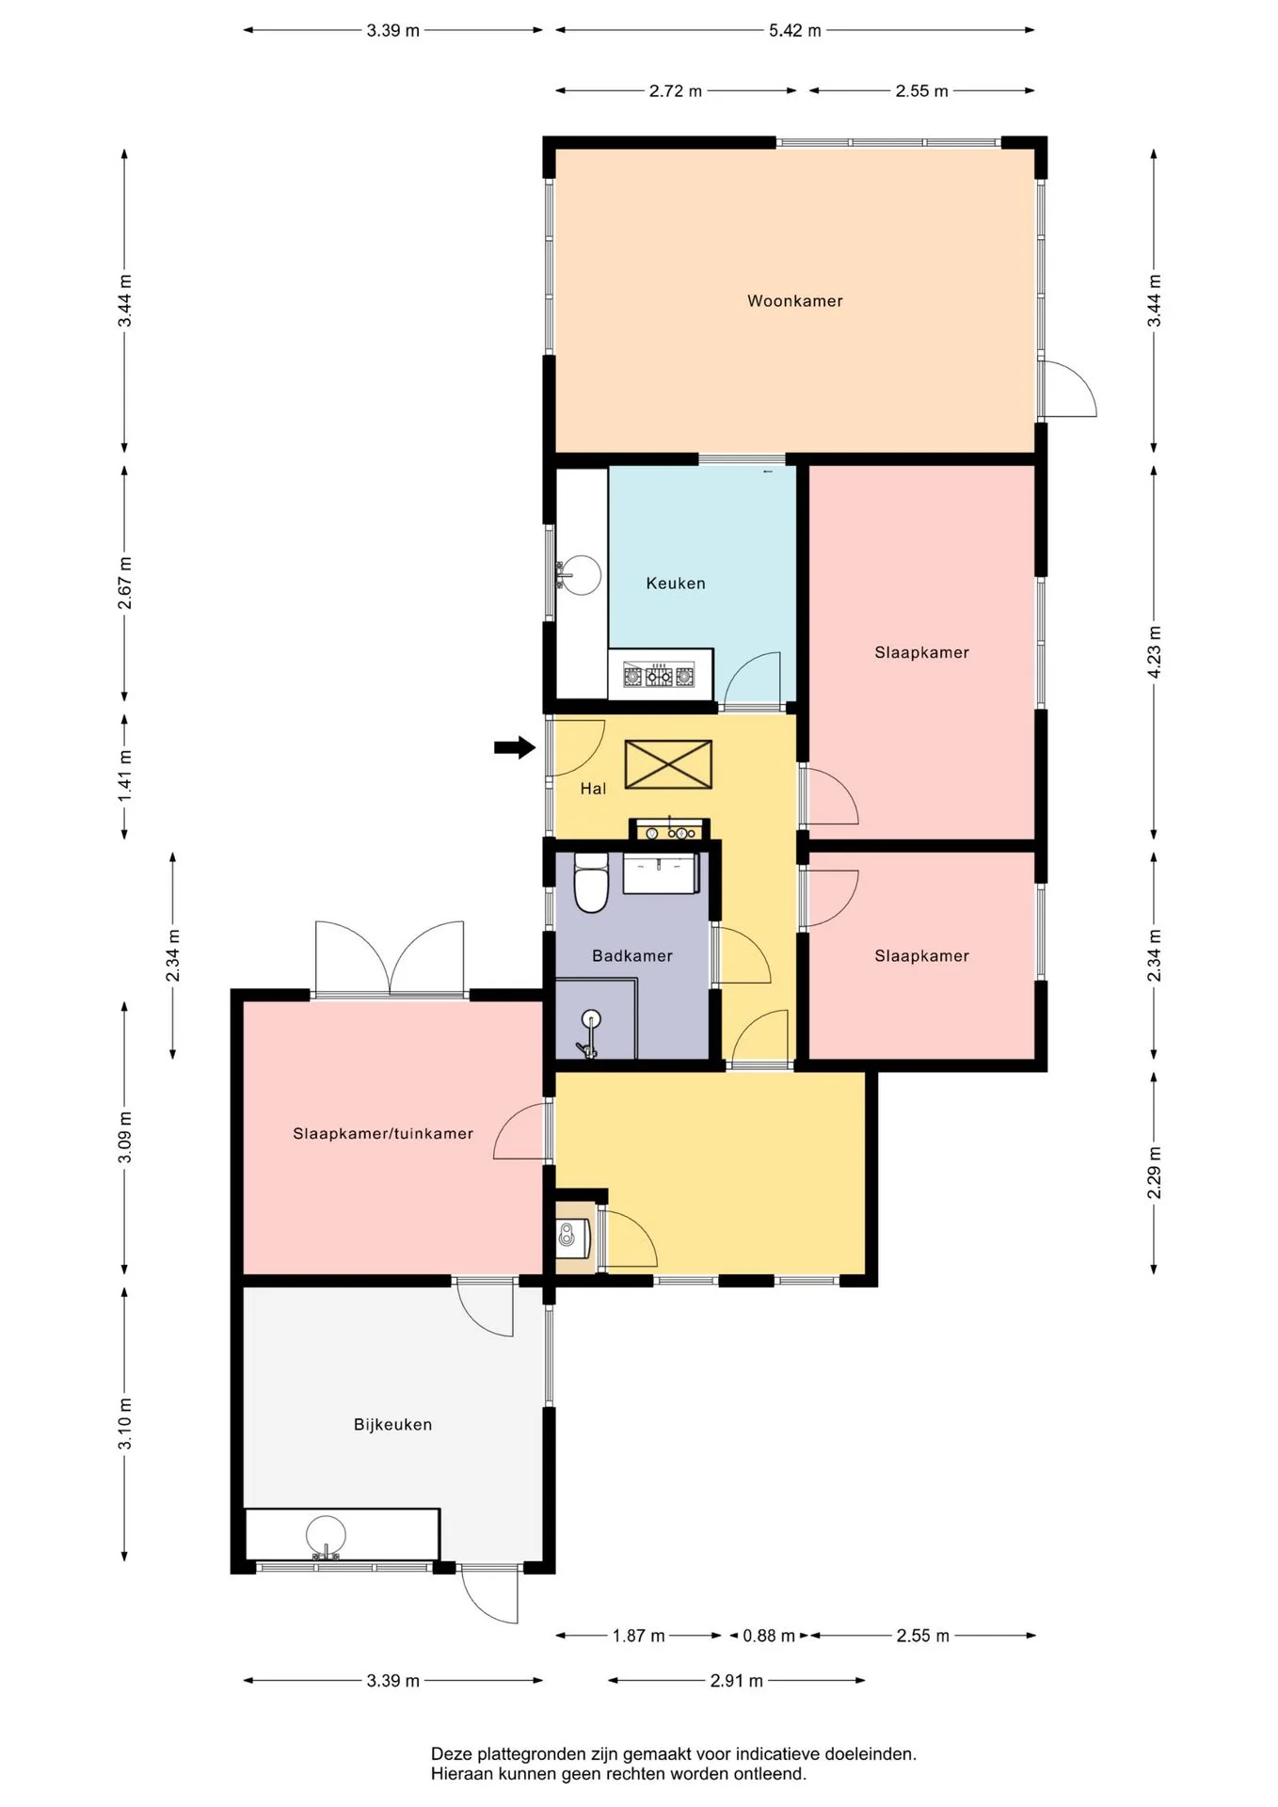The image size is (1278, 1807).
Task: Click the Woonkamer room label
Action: [795, 301]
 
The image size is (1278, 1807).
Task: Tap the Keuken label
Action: [676, 584]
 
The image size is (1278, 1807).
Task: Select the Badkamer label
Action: [632, 956]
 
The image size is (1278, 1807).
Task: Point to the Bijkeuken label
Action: [393, 1425]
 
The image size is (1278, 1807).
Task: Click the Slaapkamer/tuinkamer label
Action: [383, 1134]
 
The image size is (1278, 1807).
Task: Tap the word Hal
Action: [593, 789]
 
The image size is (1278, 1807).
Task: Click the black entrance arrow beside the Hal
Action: [515, 748]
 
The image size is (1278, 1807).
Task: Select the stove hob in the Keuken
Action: [659, 675]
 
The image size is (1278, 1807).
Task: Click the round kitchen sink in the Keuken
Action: [580, 574]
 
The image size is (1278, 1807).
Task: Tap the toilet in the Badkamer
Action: [591, 883]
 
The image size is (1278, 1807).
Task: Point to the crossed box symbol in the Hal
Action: [668, 764]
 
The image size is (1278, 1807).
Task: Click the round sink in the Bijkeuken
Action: [326, 1536]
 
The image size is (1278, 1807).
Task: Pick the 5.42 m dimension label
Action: [795, 30]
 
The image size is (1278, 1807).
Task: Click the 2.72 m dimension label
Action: [676, 91]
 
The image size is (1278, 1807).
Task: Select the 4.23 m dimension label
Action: [1155, 651]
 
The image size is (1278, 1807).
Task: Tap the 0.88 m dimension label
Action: [769, 1636]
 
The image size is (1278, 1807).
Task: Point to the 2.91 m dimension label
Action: [737, 1680]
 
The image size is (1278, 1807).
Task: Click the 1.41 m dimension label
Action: [125, 776]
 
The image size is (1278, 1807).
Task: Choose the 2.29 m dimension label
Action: [1155, 1173]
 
